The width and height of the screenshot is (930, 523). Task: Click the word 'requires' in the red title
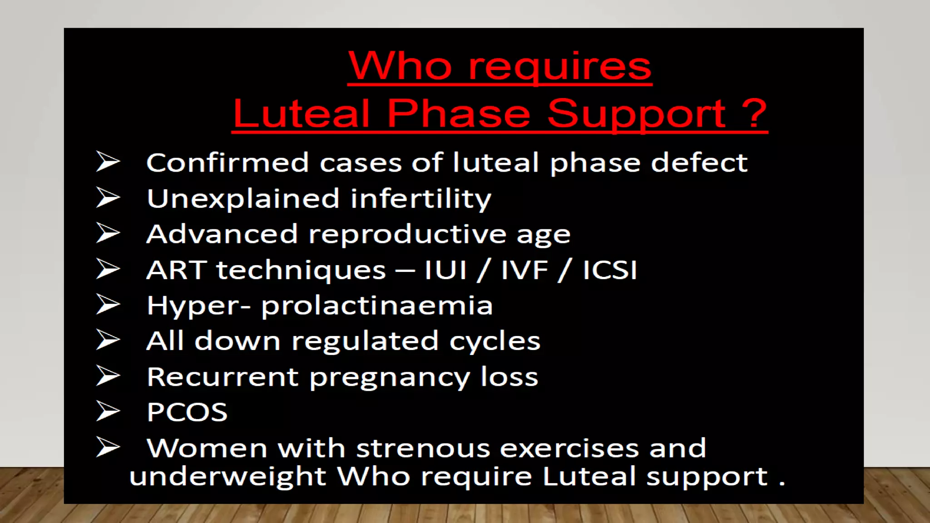click(x=559, y=67)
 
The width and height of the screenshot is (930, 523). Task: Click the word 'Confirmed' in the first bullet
click(x=228, y=163)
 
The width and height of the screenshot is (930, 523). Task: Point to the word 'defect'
click(x=699, y=163)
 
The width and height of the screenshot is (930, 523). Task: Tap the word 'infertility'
click(x=421, y=199)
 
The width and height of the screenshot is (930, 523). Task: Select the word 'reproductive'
click(x=407, y=234)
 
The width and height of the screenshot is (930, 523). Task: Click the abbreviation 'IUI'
click(x=445, y=270)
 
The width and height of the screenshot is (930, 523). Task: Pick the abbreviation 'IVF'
click(x=524, y=270)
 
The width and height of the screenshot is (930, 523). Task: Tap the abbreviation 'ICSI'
click(x=609, y=270)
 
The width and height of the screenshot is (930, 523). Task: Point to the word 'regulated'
click(x=365, y=341)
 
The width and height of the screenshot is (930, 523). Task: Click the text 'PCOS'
click(x=187, y=412)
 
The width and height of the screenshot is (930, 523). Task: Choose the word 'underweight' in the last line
click(x=228, y=477)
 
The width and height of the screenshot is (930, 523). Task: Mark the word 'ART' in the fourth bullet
click(x=177, y=270)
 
